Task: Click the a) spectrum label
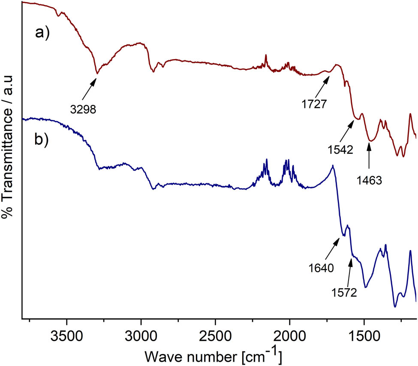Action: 42,33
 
